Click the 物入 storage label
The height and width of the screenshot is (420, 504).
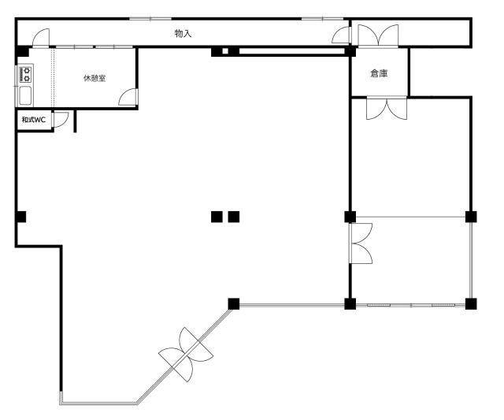183,33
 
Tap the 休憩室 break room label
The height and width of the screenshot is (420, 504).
94,78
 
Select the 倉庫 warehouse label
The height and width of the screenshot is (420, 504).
379,73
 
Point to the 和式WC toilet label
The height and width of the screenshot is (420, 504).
34,120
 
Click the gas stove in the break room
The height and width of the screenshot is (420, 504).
26,74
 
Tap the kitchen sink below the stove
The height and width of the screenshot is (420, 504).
25,95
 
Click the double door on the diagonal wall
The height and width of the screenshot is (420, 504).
186,355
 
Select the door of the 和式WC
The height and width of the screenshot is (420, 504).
61,119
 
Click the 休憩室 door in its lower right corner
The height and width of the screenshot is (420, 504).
128,97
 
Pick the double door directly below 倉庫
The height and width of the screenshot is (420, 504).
387,108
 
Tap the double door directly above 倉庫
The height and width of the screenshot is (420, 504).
378,35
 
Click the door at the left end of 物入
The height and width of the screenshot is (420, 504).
41,38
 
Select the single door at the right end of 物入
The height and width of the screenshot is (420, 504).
341,35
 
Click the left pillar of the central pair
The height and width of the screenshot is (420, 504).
217,217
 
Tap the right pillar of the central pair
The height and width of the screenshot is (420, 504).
234,217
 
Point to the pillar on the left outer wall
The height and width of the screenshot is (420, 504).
21,217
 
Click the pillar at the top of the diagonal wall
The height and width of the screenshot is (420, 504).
234,304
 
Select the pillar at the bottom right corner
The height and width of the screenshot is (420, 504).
471,304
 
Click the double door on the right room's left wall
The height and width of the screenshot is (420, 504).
361,243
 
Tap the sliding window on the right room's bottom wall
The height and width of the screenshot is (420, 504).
411,305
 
